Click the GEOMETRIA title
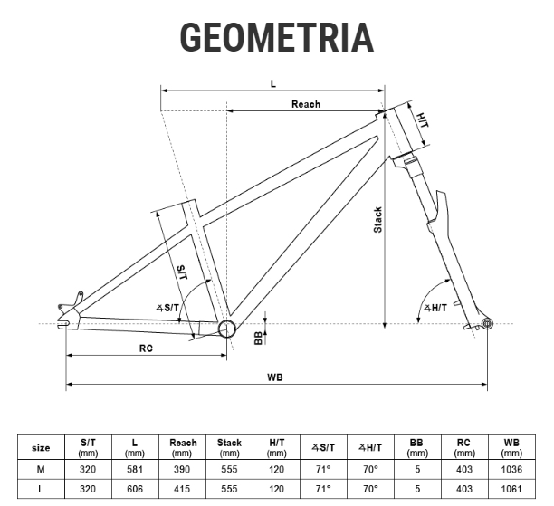[x=277, y=37]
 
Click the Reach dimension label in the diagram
[x=306, y=104]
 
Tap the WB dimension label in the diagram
[x=275, y=377]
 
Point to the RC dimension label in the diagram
[x=146, y=348]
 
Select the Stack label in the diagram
[x=377, y=220]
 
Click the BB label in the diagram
[x=259, y=338]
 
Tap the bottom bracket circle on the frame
[x=227, y=329]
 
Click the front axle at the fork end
[x=487, y=323]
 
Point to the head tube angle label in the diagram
[x=435, y=308]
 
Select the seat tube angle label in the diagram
[x=167, y=308]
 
